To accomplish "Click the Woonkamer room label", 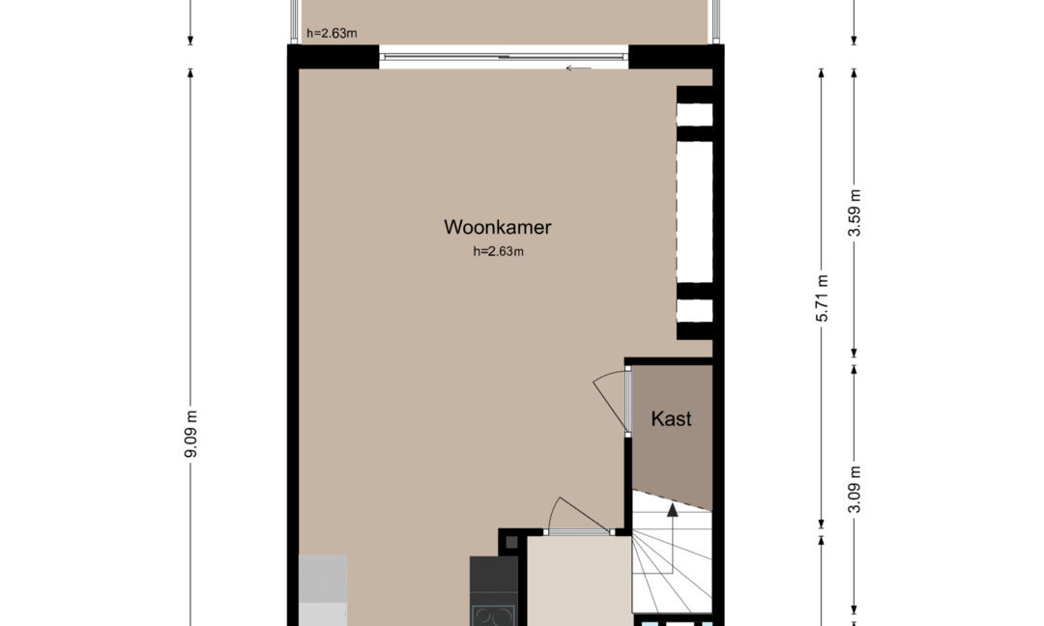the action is click(x=498, y=227).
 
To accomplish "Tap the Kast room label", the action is click(x=671, y=418).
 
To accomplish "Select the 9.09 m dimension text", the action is click(x=191, y=434).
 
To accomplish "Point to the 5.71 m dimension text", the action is click(x=823, y=299).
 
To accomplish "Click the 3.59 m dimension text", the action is click(x=855, y=213).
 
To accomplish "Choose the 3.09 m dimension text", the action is click(x=855, y=489).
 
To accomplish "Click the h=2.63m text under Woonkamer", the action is click(x=498, y=251).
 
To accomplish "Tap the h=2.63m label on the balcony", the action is click(x=332, y=33).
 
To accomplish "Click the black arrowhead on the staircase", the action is click(x=673, y=510).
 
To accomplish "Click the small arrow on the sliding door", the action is click(x=578, y=68).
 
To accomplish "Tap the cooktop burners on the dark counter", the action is click(x=493, y=614).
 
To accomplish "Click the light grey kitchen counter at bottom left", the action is click(x=323, y=590).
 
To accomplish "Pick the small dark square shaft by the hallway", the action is click(x=511, y=542).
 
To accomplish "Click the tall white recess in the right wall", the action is click(x=694, y=212).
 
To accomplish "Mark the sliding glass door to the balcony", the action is click(x=504, y=57).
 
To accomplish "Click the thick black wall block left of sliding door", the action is click(x=333, y=57).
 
